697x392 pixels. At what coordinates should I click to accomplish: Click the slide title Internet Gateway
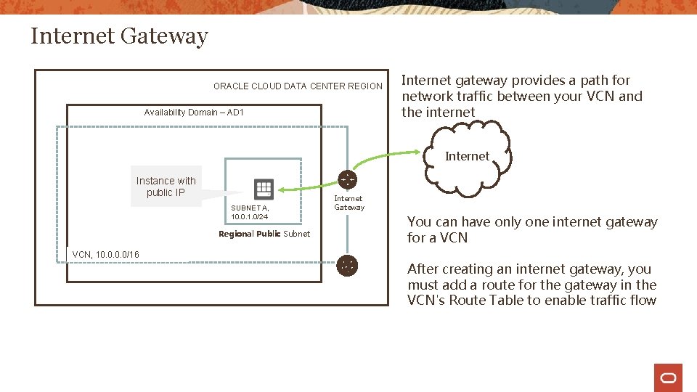point(119,36)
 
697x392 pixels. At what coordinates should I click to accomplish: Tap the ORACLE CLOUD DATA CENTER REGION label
point(298,86)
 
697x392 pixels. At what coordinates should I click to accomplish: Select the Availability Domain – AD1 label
point(194,113)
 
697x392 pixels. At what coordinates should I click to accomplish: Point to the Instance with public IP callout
point(166,187)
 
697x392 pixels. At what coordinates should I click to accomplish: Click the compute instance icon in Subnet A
point(264,189)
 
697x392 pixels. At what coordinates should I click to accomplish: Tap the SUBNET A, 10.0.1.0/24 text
point(250,212)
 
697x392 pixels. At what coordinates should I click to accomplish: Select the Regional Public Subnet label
point(264,234)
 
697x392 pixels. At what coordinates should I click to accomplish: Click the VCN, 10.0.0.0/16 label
point(106,254)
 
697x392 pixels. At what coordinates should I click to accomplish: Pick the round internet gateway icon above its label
point(348,179)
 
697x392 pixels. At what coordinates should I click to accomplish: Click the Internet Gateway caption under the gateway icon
point(348,203)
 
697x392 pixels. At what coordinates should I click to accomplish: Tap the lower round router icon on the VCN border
point(348,266)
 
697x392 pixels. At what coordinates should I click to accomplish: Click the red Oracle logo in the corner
point(668,377)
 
